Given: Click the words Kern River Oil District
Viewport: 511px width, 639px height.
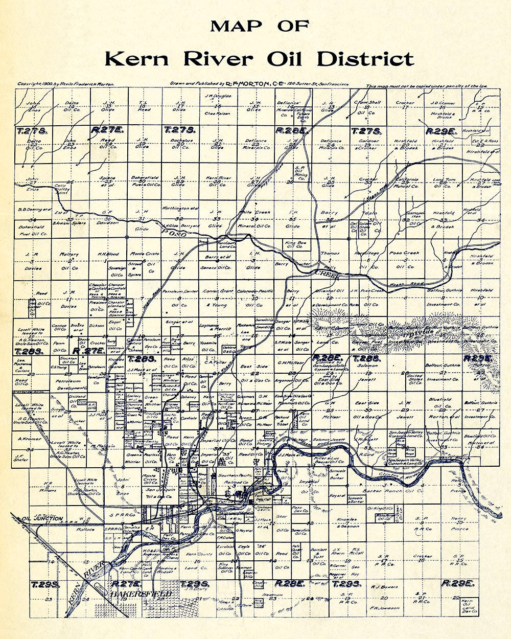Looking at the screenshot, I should pyautogui.click(x=259, y=59).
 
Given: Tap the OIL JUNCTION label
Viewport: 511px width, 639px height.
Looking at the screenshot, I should pyautogui.click(x=42, y=519).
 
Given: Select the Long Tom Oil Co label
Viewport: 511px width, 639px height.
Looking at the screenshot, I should pyautogui.click(x=445, y=182).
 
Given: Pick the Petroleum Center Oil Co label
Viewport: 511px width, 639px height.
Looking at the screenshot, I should pyautogui.click(x=179, y=298).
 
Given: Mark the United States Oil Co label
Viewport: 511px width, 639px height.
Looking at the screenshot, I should pyautogui.click(x=415, y=380).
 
